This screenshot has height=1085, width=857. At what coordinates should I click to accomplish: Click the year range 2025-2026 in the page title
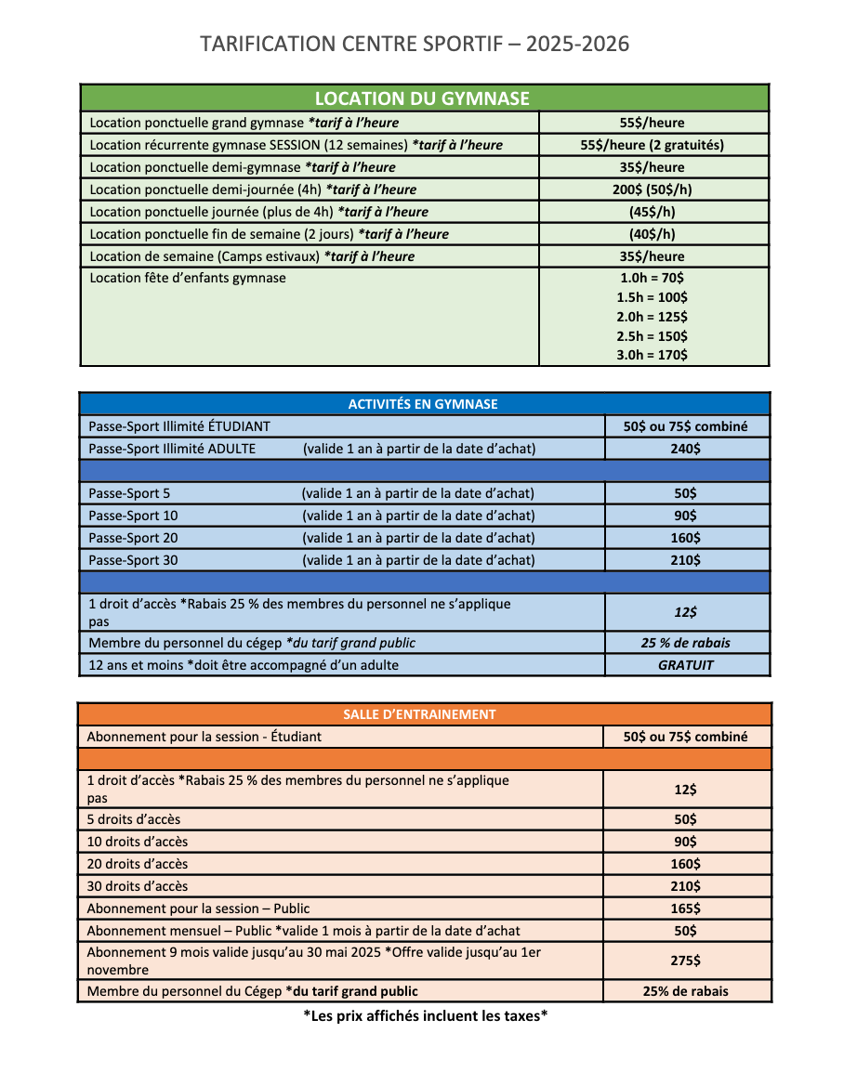pos(577,44)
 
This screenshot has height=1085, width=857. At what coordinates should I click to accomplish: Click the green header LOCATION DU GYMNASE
pos(422,98)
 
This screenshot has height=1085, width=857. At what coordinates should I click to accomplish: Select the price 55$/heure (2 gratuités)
pos(652,145)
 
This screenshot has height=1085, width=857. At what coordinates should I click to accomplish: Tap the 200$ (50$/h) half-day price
pos(652,190)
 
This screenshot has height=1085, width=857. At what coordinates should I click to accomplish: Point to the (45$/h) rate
pos(652,212)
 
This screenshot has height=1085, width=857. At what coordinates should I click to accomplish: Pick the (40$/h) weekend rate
pos(652,234)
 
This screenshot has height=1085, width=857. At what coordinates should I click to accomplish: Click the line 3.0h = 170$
pos(652,355)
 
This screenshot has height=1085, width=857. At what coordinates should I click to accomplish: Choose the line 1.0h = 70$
pos(652,278)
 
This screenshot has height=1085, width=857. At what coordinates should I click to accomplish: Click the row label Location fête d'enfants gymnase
pos(188,278)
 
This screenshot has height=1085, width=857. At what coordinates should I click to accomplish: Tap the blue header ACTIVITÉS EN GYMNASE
pos(423,404)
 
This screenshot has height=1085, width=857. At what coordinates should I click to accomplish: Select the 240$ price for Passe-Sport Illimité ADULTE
pos(686,449)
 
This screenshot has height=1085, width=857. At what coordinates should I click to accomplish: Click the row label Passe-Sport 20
pos(133,538)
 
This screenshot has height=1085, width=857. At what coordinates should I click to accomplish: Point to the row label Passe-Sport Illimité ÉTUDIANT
pos(179,426)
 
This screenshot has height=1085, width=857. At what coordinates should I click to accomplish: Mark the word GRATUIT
pos(686,665)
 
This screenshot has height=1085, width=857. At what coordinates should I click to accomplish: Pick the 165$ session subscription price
pos(686,909)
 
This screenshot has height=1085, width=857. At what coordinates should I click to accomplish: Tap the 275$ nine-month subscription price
pos(686,961)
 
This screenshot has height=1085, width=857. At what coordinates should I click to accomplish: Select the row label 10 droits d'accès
pos(138,842)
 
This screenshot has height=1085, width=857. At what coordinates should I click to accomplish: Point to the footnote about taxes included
pos(426,1015)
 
